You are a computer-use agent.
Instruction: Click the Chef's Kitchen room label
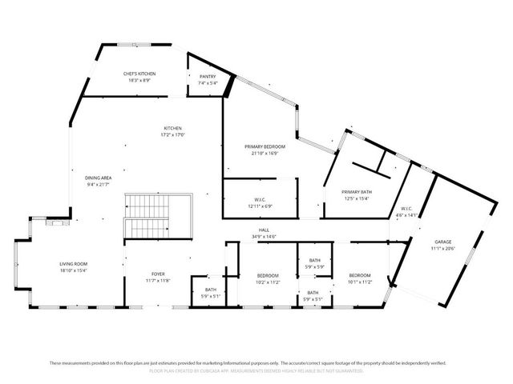point(139,74)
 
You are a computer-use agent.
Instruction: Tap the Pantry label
point(207,76)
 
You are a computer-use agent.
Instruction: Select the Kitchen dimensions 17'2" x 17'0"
point(173,135)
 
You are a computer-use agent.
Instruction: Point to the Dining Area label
point(99,178)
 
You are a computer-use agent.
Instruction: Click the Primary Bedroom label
point(265,146)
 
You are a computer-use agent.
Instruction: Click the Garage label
point(443,242)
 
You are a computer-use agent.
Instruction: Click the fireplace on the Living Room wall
point(56,224)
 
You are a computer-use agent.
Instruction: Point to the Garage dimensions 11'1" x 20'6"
point(443,248)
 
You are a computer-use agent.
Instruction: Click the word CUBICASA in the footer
point(244,371)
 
